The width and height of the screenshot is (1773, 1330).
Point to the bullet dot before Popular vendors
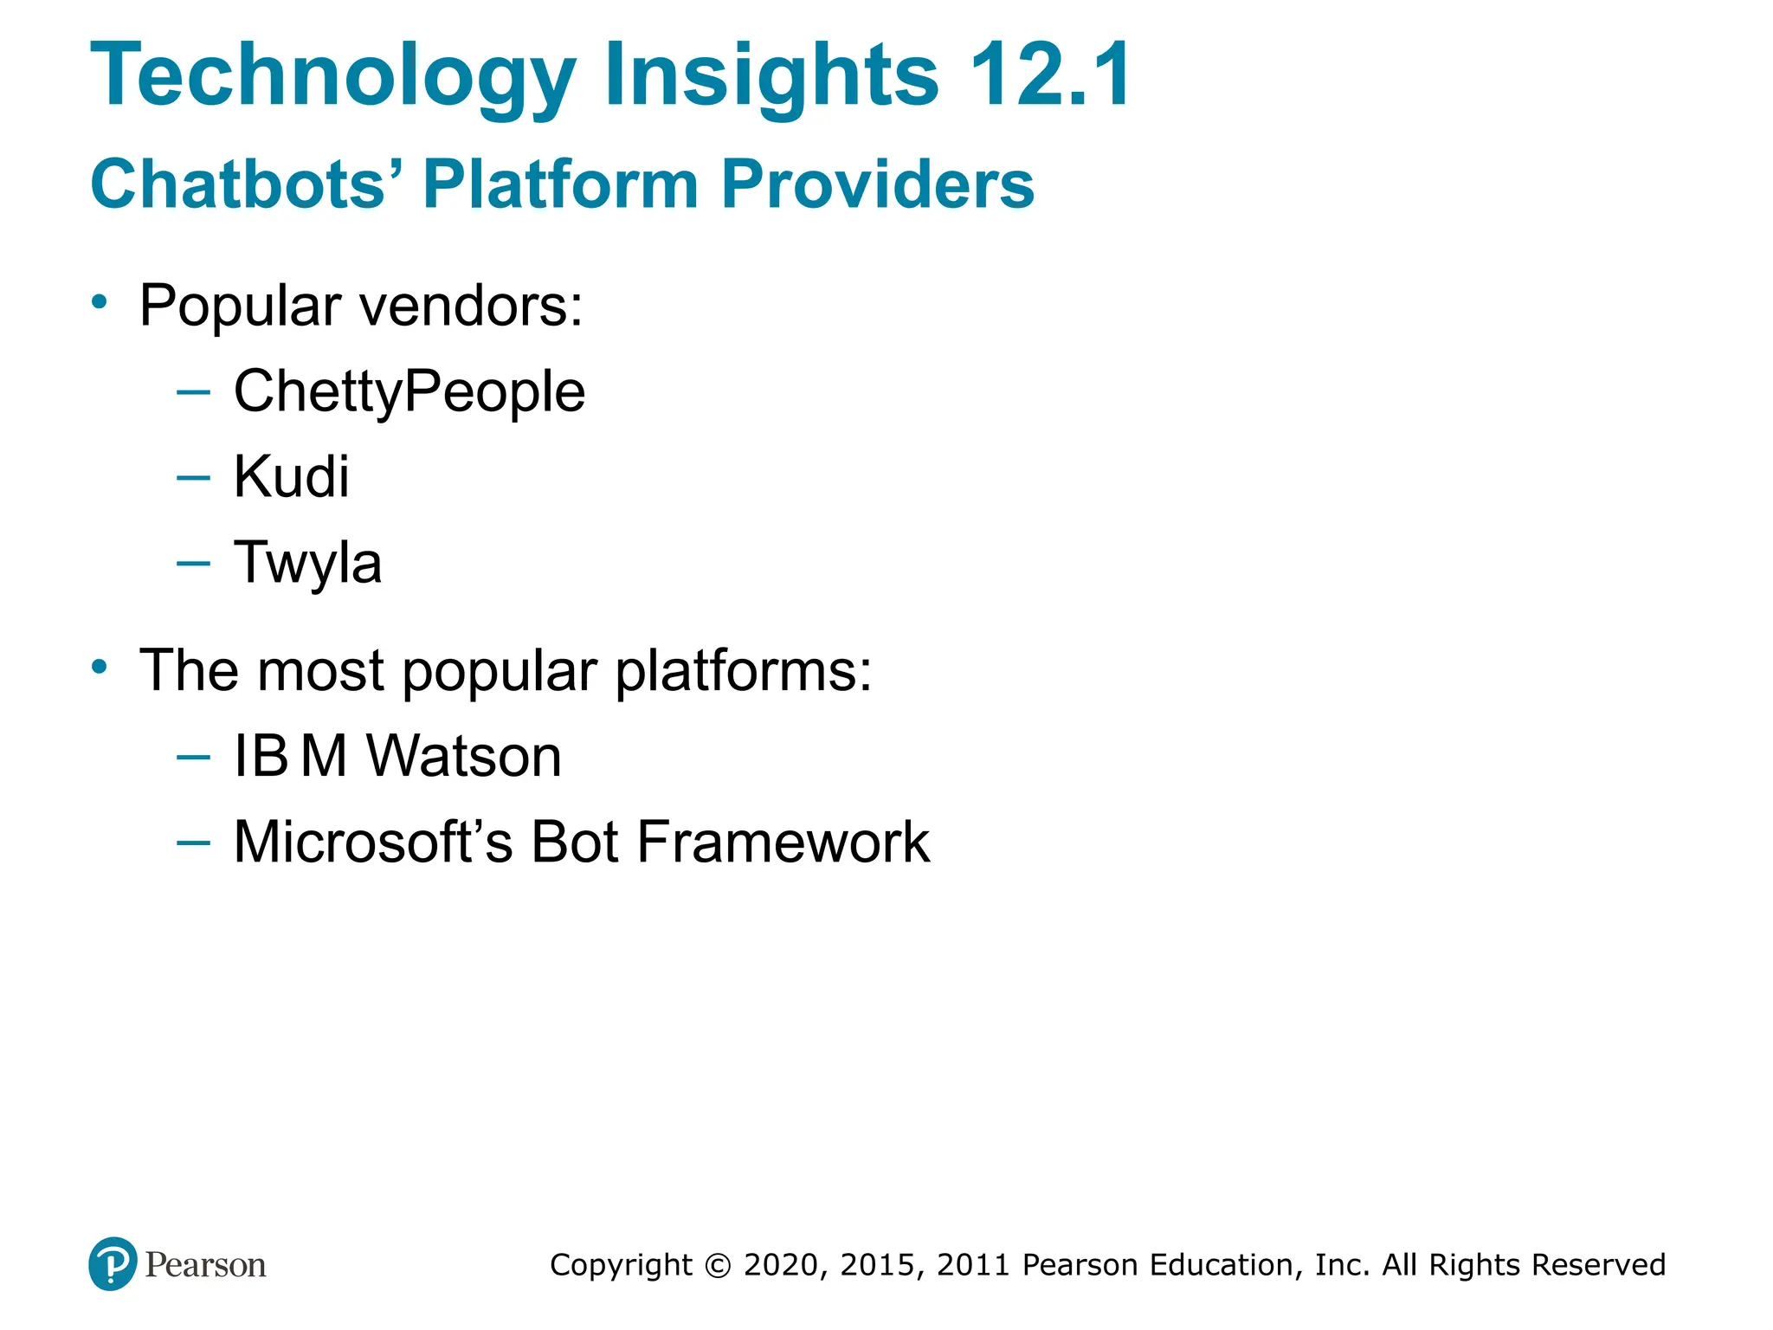pos(100,302)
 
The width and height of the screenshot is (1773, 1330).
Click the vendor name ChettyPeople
pos(409,391)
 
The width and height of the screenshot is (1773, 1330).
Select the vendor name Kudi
pos(291,476)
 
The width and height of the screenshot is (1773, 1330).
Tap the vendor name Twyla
pos(307,563)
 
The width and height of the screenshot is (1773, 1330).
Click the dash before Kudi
pos(193,477)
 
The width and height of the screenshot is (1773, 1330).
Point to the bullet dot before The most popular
pos(100,667)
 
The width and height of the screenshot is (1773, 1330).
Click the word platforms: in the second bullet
pos(743,671)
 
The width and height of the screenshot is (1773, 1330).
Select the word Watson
pos(464,756)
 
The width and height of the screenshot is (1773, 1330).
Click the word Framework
pos(783,842)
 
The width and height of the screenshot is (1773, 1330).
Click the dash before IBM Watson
pos(193,757)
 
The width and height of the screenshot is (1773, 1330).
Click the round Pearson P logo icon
pos(113,1263)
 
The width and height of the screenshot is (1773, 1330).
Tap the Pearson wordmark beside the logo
pos(205,1265)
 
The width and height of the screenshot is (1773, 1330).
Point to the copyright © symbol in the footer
pos(718,1265)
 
